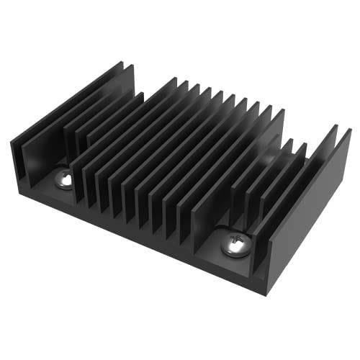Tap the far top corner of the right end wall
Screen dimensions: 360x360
pos(350,130)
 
